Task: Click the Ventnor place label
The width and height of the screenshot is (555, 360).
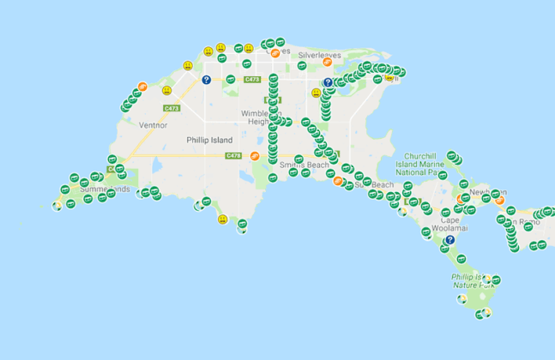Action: coord(153,124)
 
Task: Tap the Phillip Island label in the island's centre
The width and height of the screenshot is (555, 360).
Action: coord(209,140)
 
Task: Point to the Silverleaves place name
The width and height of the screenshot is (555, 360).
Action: coord(318,54)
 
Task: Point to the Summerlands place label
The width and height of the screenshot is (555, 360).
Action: coord(106,189)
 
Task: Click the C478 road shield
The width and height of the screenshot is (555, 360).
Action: coord(232,155)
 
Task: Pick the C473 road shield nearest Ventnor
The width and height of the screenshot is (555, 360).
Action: coord(172,108)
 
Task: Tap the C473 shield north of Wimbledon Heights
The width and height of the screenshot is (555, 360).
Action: coord(251,80)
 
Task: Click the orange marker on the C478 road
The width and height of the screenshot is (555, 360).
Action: coord(254,156)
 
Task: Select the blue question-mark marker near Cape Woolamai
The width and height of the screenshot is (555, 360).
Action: coord(449,240)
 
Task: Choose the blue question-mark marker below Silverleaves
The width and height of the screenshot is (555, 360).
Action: coord(328,83)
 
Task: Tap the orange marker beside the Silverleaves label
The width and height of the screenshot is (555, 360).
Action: coord(275,53)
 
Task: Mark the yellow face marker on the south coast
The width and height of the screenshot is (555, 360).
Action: coord(223,220)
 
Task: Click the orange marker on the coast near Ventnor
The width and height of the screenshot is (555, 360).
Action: coord(142,87)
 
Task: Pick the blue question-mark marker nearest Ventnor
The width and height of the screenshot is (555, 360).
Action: coord(206,80)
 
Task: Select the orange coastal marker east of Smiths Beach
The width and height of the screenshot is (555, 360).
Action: coord(338,181)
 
